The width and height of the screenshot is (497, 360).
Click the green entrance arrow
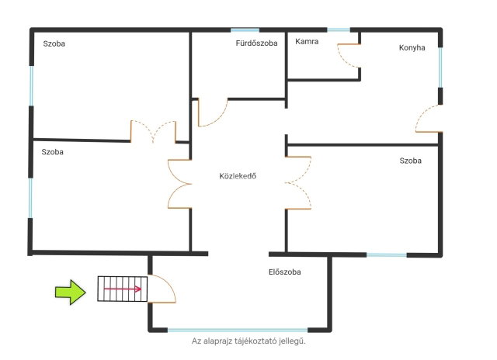pos(71,292)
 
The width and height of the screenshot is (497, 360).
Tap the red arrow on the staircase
pos(123,289)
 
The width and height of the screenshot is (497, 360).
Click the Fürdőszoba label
pos(256,43)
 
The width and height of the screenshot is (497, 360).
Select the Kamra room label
pos(307,41)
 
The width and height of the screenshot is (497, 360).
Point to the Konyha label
pos(412,48)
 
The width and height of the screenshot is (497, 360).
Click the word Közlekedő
pos(238,176)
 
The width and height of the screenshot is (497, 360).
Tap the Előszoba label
pos(285,272)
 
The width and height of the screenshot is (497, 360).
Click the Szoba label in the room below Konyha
pos(411,161)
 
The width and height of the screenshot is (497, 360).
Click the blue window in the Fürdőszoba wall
pos(245,30)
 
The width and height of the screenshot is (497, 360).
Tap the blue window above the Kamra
pos(339,30)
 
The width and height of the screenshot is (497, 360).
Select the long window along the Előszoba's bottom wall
pos(238,331)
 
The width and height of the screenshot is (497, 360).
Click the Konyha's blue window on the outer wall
pos(440,67)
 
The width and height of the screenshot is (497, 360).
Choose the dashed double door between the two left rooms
pos(153,131)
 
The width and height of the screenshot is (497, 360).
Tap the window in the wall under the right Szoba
pos(387,255)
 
